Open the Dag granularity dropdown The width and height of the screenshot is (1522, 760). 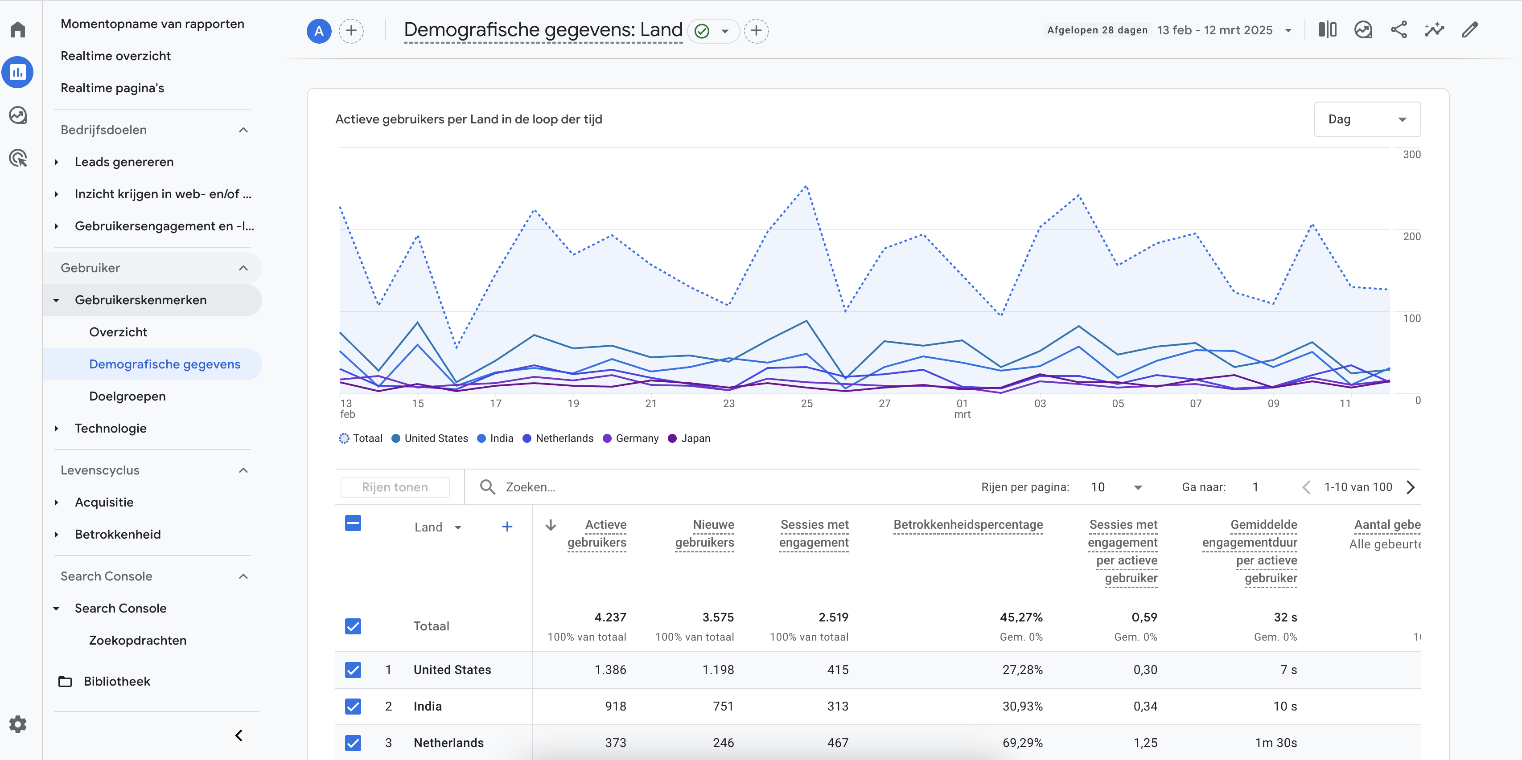coord(1366,119)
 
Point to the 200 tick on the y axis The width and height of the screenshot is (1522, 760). coord(1411,236)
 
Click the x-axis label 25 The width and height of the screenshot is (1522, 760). coord(806,403)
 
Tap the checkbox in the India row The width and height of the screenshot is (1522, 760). coord(353,706)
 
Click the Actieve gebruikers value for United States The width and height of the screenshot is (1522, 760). coord(610,670)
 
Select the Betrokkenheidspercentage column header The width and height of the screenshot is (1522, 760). coord(968,524)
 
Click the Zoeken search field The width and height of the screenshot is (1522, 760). coord(591,487)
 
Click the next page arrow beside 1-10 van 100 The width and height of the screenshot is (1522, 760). coord(1411,487)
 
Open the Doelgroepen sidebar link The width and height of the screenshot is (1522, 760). coord(127,396)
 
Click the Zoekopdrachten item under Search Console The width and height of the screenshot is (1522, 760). coord(137,640)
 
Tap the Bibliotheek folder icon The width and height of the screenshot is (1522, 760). coord(65,682)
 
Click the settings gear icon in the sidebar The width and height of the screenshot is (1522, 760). coord(18,724)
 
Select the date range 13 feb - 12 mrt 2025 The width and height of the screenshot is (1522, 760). coord(1214,30)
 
